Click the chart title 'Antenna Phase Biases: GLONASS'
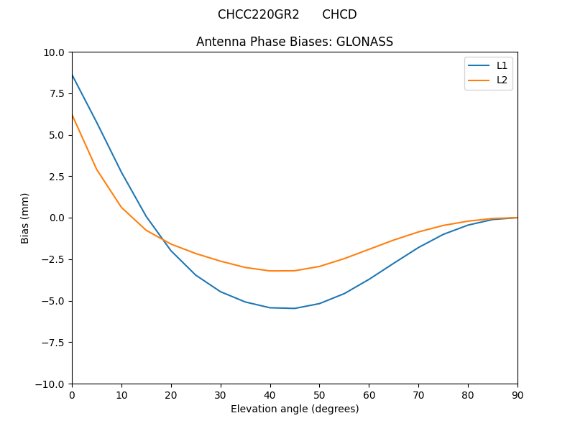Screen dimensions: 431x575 (295, 42)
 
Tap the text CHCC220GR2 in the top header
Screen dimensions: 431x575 (259, 14)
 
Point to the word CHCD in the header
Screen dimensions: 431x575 (339, 14)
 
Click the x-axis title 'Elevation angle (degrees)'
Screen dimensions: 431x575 (295, 409)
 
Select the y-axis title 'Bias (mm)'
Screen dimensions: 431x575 (25, 218)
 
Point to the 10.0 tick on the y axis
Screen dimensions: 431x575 (55, 52)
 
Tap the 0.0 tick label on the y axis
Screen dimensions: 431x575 (57, 218)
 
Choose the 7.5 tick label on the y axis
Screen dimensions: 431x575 (57, 93)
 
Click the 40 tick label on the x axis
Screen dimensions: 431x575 (270, 394)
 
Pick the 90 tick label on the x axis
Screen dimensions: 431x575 (517, 394)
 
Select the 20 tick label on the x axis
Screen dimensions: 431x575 (171, 394)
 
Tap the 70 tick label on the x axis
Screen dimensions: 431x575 (418, 394)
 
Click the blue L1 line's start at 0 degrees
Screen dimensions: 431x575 (73, 75)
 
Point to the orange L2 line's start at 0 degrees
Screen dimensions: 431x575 (73, 115)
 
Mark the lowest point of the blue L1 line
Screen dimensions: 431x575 (295, 308)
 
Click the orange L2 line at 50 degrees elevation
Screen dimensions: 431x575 (319, 267)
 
